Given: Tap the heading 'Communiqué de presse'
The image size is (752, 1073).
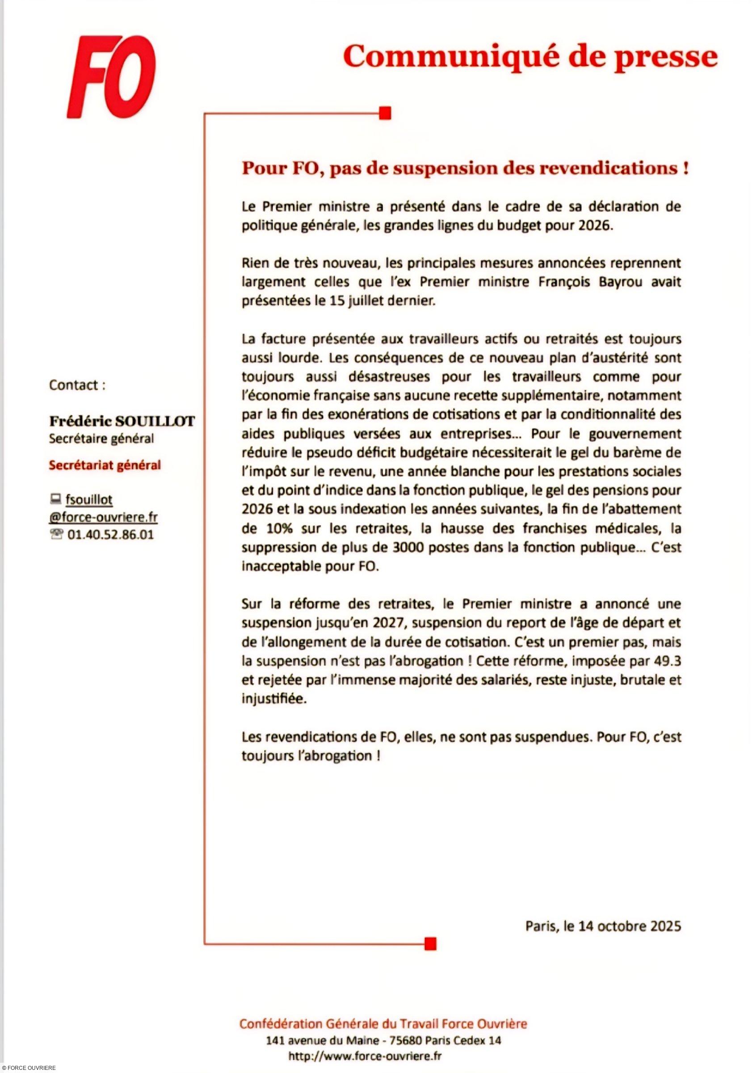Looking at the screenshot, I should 530,58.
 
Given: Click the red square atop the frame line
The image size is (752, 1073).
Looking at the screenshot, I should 385,114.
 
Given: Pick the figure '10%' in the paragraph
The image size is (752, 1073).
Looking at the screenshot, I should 279,528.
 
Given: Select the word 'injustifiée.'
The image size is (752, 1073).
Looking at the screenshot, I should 274,700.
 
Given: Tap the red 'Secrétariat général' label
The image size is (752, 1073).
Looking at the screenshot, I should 105,465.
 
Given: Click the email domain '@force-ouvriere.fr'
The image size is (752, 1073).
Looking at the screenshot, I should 103,517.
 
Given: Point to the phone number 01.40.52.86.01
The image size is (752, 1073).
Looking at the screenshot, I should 111,535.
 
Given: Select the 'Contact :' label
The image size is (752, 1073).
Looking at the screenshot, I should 77,385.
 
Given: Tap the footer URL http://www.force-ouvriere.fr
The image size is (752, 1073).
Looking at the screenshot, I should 365,1056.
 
